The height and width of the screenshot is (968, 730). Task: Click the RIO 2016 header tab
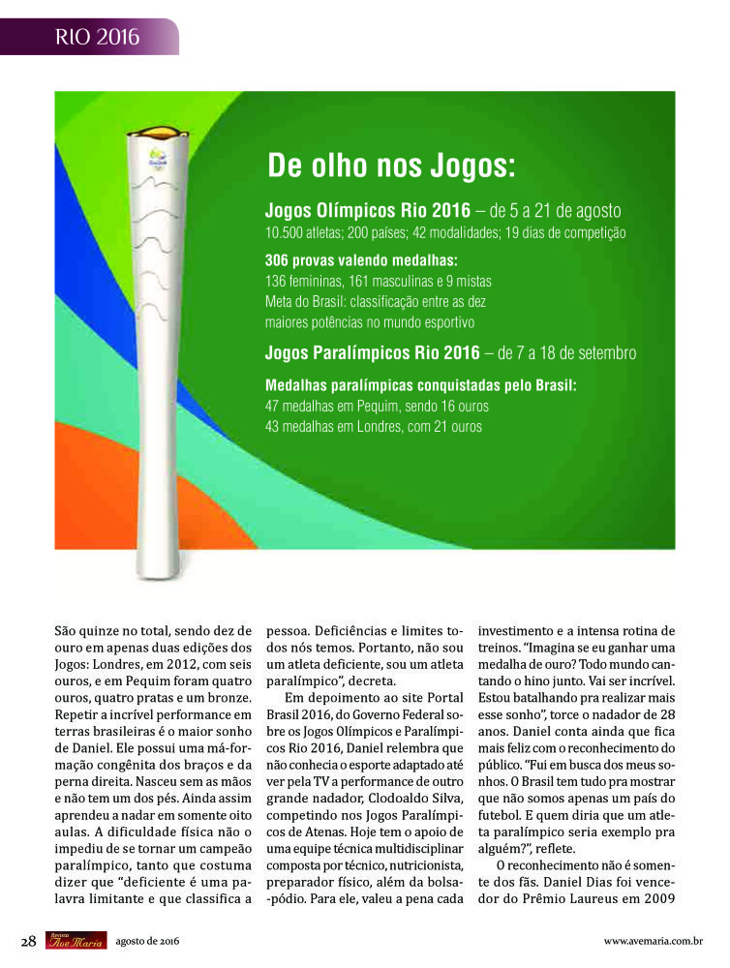pos(97,38)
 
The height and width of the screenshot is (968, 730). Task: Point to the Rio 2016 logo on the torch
pos(156,156)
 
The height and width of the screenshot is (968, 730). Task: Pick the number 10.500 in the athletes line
pos(286,233)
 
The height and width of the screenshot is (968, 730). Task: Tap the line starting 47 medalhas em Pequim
pos(377,407)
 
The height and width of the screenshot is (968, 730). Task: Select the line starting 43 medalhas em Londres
pos(373,426)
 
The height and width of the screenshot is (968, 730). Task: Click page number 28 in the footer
pos(29,940)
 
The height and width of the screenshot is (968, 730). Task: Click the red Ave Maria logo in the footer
pos(76,940)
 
